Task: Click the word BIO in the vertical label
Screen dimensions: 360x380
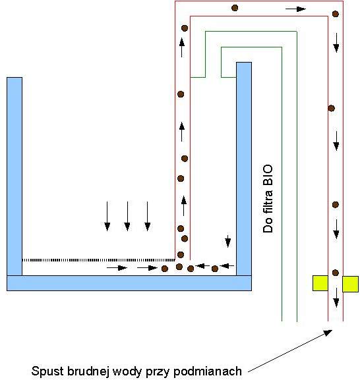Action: [x=268, y=175]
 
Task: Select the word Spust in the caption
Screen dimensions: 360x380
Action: [x=47, y=371]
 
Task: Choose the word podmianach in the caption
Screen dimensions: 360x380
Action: [x=208, y=371]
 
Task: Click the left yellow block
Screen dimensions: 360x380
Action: [x=320, y=283]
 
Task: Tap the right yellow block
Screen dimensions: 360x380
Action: [x=350, y=284]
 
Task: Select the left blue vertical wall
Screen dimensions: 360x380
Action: [x=15, y=176]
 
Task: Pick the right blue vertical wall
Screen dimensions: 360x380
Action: [x=244, y=169]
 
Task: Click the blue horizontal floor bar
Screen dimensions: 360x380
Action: [x=129, y=283]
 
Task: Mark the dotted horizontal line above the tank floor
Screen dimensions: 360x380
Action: [x=98, y=260]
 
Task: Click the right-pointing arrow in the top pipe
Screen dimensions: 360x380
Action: [x=295, y=9]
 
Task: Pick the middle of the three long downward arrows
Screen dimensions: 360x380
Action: [x=127, y=216]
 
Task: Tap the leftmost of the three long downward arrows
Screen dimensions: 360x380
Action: [x=107, y=216]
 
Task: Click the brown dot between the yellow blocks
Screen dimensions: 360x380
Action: [x=335, y=273]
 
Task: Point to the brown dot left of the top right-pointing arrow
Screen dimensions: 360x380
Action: [x=235, y=8]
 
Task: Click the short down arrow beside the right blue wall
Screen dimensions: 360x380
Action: [x=227, y=241]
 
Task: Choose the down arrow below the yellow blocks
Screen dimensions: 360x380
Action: [x=336, y=298]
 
